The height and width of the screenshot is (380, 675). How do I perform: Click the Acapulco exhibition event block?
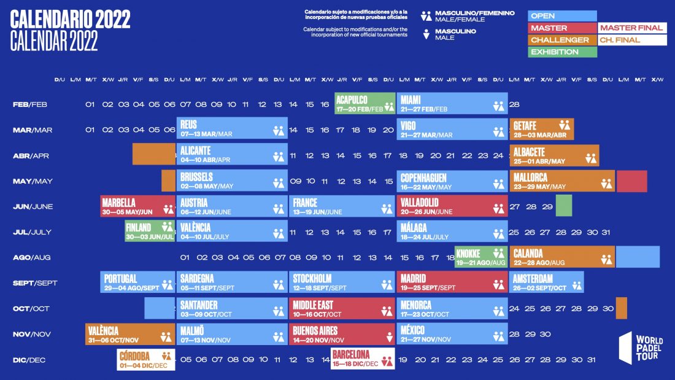[364, 103]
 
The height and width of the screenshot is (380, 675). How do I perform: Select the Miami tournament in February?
[452, 103]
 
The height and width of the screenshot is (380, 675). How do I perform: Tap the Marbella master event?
[137, 206]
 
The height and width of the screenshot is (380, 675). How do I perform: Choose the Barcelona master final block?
[362, 359]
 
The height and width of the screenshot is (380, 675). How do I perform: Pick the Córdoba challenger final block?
[145, 359]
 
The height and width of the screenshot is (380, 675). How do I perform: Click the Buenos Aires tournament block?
[341, 335]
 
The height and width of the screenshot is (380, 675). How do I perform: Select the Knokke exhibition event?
[480, 257]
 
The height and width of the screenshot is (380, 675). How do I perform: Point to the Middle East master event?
[341, 309]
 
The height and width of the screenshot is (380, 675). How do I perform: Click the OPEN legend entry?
[562, 16]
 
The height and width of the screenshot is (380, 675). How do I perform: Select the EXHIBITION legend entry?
[562, 52]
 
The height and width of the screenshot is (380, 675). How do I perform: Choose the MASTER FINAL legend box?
[632, 28]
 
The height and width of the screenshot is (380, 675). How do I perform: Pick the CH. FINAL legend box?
[632, 40]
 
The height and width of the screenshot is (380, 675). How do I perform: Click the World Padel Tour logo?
[641, 349]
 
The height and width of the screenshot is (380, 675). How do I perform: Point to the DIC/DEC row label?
[30, 360]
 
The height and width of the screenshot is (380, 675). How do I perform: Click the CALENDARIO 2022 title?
[71, 20]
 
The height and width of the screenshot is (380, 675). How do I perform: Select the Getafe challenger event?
[541, 129]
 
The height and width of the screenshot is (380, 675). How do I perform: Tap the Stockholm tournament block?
[341, 282]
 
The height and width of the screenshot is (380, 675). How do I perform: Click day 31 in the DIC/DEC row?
[591, 360]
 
